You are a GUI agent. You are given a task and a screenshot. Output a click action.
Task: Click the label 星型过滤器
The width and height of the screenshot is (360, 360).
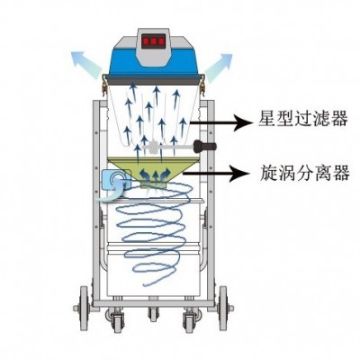coord(302,119)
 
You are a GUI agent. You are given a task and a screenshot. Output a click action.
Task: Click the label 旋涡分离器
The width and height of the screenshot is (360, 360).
coord(304,172)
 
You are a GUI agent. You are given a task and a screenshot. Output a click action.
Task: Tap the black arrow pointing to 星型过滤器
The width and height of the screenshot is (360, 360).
coord(220,122)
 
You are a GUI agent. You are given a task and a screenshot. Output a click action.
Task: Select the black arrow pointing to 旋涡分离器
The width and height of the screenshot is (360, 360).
coord(216,173)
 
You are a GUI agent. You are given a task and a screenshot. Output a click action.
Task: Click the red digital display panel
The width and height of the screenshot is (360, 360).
coord(154,41)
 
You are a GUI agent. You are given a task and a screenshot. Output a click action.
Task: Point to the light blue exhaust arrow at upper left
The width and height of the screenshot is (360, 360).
coord(85,64)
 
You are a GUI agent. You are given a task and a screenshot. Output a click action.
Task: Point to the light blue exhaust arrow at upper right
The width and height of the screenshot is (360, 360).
coord(219,67)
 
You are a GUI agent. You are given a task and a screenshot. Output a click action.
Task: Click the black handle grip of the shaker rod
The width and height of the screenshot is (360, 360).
coord(205,147)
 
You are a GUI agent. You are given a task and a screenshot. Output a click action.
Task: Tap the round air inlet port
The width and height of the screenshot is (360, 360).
coord(116,180)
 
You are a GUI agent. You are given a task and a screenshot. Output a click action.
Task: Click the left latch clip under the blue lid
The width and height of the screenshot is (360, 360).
coord(104,85)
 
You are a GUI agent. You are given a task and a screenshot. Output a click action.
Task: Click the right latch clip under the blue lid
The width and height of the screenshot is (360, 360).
coord(202,85)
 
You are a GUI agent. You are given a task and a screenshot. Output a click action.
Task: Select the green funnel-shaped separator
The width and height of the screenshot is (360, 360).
coord(153,171)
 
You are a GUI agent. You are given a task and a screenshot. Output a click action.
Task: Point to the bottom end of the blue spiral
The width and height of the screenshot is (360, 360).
coord(145,284)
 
